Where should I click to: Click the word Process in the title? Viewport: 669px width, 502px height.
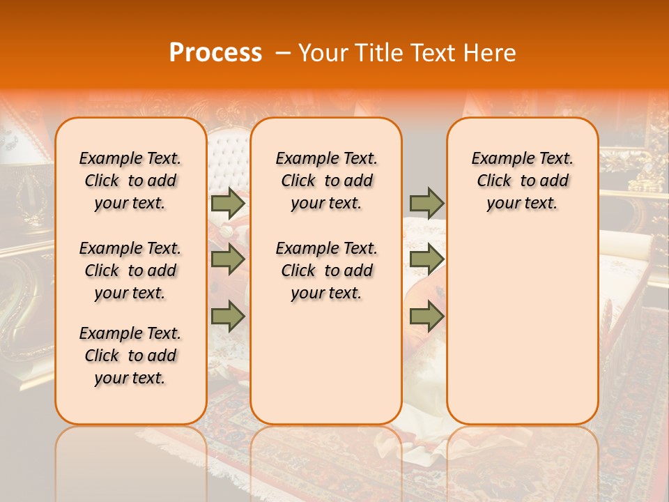pos(215,52)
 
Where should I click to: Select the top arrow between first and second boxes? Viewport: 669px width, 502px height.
pos(228,203)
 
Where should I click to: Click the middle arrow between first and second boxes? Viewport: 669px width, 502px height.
pos(228,259)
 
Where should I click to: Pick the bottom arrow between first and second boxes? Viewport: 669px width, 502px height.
pos(228,317)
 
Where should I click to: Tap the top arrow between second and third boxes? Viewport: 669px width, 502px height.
pos(426,203)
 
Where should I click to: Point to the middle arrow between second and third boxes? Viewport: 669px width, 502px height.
pos(426,259)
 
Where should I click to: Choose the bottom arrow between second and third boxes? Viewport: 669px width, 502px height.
pos(426,317)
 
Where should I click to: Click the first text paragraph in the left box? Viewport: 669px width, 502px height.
pos(130,181)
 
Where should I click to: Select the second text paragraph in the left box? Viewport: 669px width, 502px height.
pos(130,271)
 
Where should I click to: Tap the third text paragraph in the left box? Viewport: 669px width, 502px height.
pos(130,356)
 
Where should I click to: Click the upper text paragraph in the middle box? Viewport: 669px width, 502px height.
pos(326,181)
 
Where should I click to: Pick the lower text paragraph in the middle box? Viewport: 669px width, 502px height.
pos(326,271)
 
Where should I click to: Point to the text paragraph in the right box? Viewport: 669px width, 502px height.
pos(522,181)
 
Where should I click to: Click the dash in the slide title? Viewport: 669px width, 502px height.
pos(283,53)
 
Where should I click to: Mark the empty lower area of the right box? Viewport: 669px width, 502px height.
pos(522,321)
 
